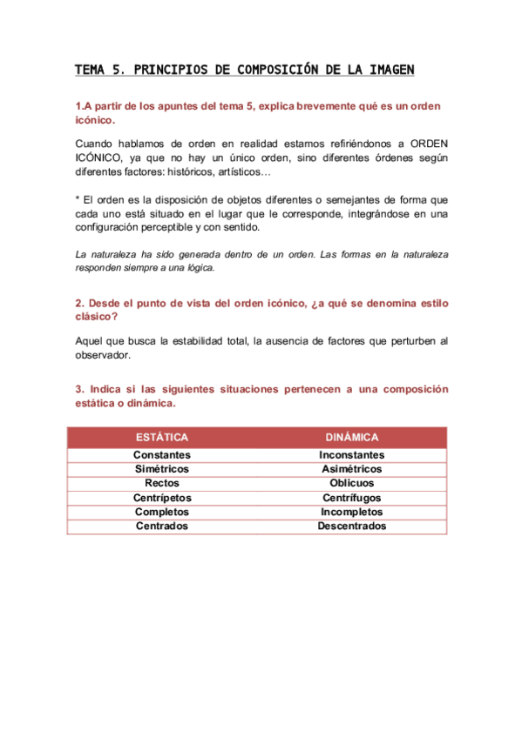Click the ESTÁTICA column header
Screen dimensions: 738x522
(162, 438)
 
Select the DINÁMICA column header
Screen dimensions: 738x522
(351, 438)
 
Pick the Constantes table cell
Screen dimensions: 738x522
(162, 455)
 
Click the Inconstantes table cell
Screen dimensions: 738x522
(351, 455)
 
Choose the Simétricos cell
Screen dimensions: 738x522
(162, 469)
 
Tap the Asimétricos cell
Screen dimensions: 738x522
(351, 469)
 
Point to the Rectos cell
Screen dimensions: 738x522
(162, 483)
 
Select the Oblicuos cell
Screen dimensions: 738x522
(351, 483)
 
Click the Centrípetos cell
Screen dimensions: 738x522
(162, 498)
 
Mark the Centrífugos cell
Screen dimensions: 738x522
(351, 498)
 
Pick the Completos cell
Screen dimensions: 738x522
(162, 512)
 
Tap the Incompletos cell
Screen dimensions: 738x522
(351, 512)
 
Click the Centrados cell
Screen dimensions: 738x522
(162, 526)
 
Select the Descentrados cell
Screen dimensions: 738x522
(351, 526)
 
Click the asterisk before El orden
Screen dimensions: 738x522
(78, 198)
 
